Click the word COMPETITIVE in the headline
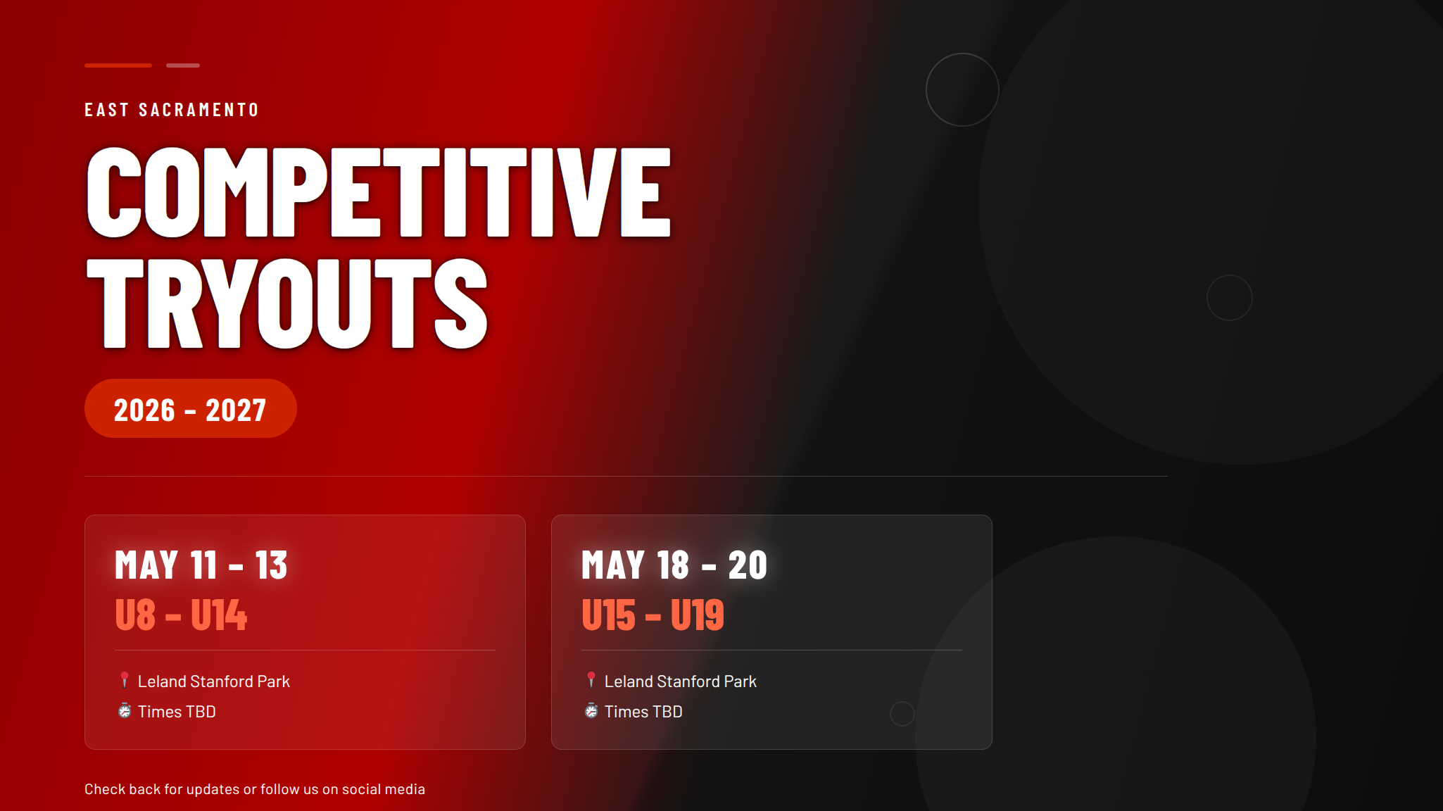378,192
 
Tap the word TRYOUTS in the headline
286,303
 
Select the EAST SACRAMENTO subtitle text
172,110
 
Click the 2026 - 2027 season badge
190,408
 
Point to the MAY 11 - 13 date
201,565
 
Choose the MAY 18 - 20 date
674,565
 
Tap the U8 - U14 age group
181,615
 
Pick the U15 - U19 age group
653,615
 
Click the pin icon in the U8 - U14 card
125,680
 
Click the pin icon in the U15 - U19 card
591,680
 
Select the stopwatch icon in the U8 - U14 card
125,710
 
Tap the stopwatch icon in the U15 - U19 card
591,710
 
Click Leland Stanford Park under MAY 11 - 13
214,681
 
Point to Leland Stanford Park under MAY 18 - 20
681,681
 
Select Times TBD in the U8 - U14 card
177,712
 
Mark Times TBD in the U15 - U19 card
643,712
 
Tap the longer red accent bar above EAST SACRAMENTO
118,65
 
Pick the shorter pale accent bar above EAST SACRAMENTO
183,65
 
